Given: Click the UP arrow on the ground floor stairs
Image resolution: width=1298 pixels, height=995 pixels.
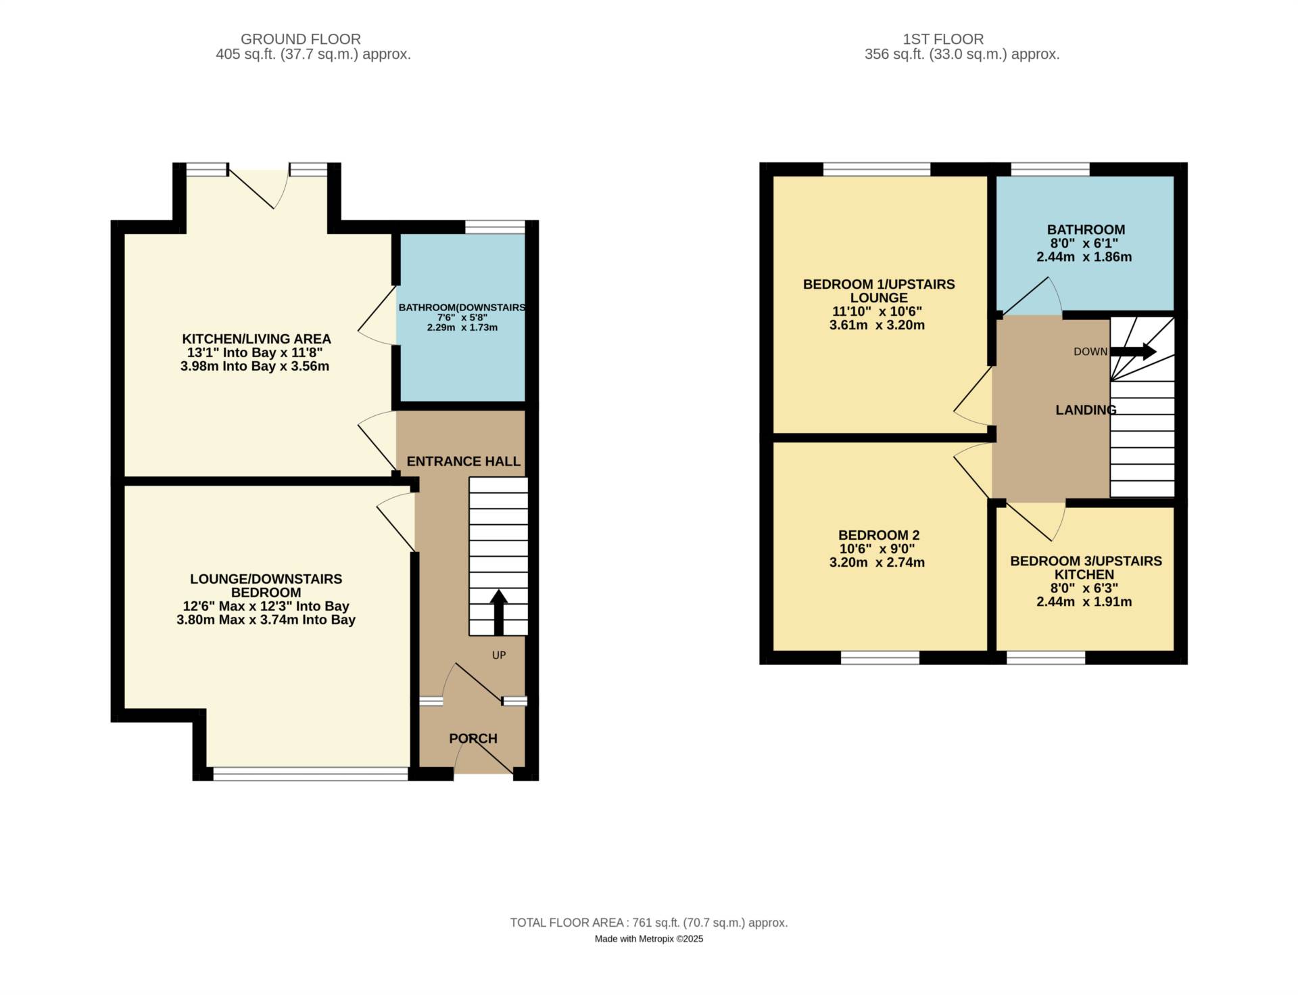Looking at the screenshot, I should click(499, 611).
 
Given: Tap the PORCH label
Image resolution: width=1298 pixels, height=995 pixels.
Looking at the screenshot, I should click(473, 739).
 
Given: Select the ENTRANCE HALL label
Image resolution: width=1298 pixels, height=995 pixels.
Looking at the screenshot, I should click(464, 461).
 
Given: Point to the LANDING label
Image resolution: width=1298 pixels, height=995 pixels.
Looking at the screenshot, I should click(1086, 410).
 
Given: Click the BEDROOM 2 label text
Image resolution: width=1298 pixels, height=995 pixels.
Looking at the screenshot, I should click(879, 535).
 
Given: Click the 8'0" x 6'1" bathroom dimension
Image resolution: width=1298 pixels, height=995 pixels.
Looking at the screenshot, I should click(1083, 244).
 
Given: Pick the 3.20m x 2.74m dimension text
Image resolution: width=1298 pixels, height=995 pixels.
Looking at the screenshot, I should click(877, 562).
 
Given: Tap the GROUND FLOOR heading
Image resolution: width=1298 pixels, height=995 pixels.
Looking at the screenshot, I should click(300, 39).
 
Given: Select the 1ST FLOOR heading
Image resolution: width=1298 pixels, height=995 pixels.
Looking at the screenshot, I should click(943, 39).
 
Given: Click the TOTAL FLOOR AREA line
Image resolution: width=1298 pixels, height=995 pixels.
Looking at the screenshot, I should click(648, 923).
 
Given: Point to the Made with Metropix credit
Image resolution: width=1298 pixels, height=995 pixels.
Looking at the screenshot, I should click(648, 939).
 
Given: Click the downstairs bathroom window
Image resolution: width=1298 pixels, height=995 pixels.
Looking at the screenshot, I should click(495, 227).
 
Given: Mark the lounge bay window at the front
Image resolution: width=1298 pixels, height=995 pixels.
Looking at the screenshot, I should click(310, 774).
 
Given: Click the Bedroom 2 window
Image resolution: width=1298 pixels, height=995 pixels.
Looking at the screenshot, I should click(880, 657).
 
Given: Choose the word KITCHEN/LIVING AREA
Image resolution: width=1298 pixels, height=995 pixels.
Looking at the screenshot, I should click(256, 339).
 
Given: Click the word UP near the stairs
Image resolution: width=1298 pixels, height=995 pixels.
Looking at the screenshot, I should click(499, 655).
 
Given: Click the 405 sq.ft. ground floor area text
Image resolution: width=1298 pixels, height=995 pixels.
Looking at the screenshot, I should click(313, 55).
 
